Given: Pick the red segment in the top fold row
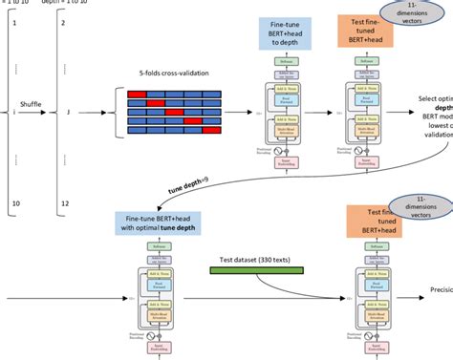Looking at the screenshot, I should click(x=136, y=92).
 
